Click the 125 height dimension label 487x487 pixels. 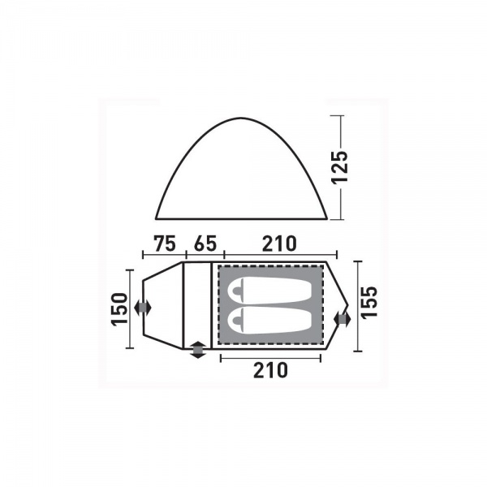tap(339, 168)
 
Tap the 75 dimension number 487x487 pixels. tap(165, 243)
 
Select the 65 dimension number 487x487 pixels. tap(205, 243)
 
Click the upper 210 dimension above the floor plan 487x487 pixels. tap(279, 243)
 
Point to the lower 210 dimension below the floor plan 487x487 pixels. tap(270, 370)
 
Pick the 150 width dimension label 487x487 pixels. tap(120, 309)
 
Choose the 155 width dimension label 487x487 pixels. tap(369, 302)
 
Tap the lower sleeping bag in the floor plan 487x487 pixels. tap(269, 321)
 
